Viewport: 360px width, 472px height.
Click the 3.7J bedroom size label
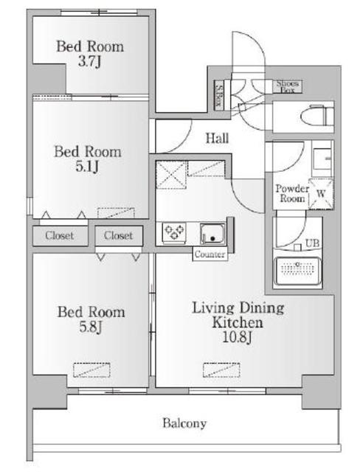89,62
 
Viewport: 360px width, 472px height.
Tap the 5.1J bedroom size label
87,167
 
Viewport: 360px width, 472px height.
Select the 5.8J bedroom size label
91,327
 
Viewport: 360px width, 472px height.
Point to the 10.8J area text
237,337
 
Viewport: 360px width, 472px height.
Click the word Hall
217,138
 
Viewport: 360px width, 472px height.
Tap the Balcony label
184,423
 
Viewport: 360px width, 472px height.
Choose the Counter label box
210,254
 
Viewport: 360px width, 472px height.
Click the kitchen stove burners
174,232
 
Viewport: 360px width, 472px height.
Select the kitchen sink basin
212,234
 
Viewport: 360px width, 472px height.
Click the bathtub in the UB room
298,271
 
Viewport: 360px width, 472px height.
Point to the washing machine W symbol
321,193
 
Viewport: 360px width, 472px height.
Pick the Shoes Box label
287,86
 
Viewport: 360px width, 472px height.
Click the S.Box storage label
219,95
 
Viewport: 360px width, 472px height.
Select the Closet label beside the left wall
60,235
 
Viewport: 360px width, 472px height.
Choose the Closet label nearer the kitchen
118,235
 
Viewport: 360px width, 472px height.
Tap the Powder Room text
292,193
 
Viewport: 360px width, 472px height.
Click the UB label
312,243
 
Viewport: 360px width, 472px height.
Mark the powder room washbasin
322,159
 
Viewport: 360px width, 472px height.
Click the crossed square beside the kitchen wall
171,175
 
